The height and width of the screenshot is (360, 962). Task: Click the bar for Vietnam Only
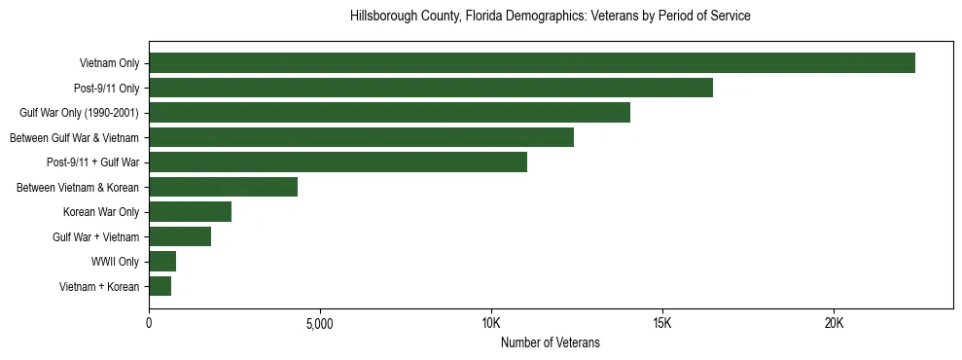(532, 63)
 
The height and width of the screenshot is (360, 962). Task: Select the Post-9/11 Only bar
(431, 89)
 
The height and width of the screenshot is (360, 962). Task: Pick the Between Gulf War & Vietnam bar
(361, 137)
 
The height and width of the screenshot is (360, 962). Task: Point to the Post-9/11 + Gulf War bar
(338, 162)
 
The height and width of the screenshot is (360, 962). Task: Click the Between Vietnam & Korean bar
(223, 187)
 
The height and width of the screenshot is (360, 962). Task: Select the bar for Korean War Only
(190, 212)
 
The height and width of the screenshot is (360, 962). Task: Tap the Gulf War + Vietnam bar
(180, 236)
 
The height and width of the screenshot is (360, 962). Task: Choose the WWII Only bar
(162, 262)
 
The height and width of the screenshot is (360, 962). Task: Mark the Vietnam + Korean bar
(160, 286)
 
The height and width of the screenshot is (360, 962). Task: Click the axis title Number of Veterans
(550, 343)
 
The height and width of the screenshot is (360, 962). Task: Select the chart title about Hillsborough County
(550, 17)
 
